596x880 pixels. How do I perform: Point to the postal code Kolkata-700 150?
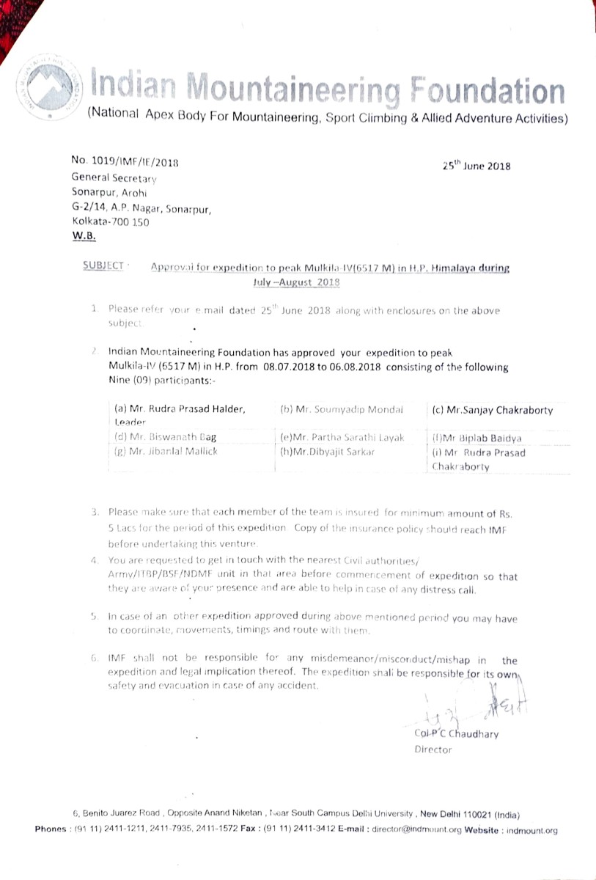pyautogui.click(x=110, y=222)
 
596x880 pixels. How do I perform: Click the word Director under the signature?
pyautogui.click(x=433, y=749)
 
